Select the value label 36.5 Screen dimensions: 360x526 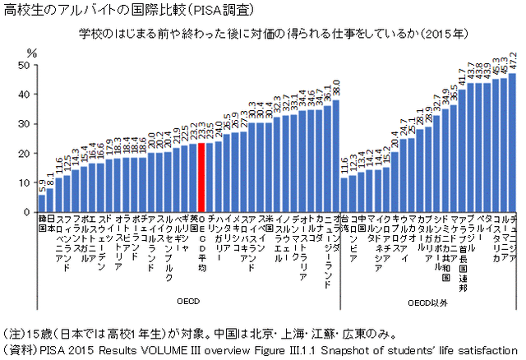[453, 94]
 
